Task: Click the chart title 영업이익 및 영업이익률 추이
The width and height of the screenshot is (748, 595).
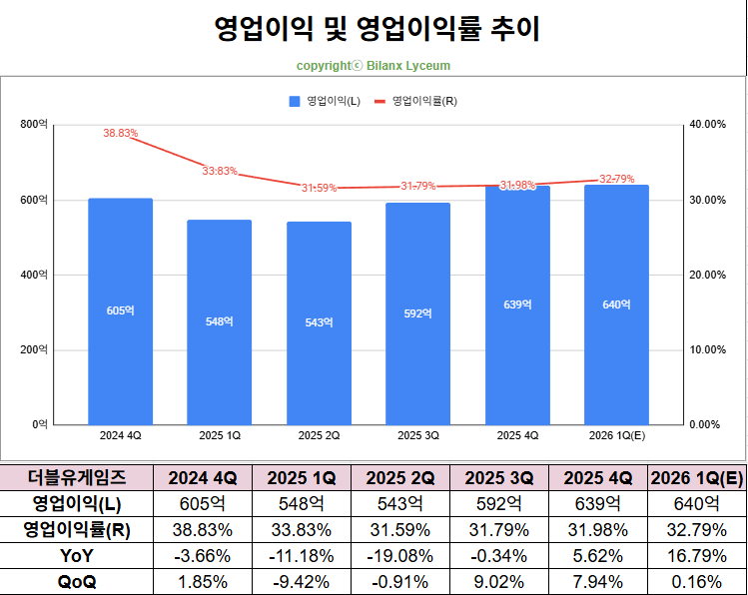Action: pyautogui.click(x=376, y=29)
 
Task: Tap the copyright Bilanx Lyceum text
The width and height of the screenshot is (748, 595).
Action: pyautogui.click(x=374, y=66)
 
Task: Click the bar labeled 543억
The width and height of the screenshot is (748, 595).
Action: pyautogui.click(x=319, y=322)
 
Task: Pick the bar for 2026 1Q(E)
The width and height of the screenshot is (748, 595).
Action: pyautogui.click(x=616, y=304)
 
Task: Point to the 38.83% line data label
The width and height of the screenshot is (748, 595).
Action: pyautogui.click(x=120, y=133)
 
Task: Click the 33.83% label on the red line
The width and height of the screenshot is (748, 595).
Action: pyautogui.click(x=220, y=171)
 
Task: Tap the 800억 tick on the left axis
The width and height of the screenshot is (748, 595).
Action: pyautogui.click(x=34, y=124)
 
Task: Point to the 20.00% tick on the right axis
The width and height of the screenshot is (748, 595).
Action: pyautogui.click(x=706, y=275)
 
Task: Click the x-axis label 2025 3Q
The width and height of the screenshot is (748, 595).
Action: pyautogui.click(x=417, y=435)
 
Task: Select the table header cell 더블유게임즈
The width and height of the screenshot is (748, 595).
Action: pyautogui.click(x=77, y=477)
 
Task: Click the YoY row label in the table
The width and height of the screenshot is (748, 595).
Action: pyautogui.click(x=77, y=555)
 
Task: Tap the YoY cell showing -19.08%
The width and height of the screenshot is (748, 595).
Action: pyautogui.click(x=400, y=555)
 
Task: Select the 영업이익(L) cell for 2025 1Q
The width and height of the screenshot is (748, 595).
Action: pyautogui.click(x=302, y=503)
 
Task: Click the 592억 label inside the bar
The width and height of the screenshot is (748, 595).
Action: pyautogui.click(x=417, y=313)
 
